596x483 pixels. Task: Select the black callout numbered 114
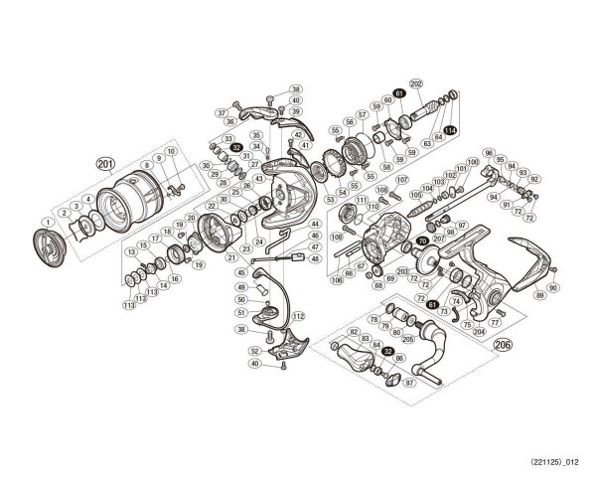450,130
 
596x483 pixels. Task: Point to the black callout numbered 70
422,241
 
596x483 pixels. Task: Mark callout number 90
553,287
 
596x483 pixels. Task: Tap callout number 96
489,152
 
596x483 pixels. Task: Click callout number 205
407,338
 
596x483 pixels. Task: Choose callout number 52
254,351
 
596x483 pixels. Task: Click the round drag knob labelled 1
46,246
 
